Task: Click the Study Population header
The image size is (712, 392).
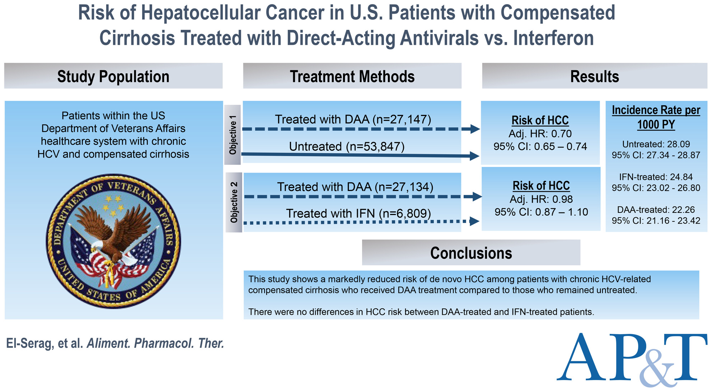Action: point(113,76)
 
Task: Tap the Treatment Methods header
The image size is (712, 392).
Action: point(352,76)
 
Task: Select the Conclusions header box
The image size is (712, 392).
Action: point(471,253)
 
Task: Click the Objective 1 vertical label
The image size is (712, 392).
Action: point(233,135)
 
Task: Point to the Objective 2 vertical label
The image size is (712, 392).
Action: point(234,202)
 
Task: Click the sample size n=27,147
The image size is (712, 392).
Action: point(402,119)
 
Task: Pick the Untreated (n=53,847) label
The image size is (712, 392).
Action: point(347,146)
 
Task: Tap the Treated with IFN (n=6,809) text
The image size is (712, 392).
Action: point(359,214)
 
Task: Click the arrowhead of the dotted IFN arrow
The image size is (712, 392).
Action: point(474,221)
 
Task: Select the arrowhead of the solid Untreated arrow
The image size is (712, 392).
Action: point(474,156)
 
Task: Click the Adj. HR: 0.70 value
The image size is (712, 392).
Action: point(540,134)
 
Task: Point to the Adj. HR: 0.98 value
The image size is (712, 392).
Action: point(541,200)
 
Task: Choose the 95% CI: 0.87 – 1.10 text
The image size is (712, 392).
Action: point(541,212)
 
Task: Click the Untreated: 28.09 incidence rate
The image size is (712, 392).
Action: point(656,144)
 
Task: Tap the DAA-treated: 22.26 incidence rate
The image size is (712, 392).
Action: point(656,210)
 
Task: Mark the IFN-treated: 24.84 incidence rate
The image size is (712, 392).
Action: point(656,177)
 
